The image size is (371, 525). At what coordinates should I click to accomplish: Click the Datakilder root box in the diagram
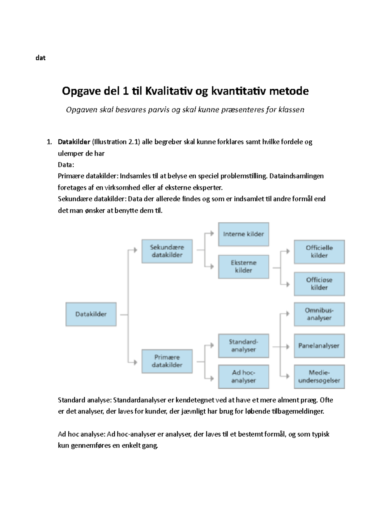pyautogui.click(x=91, y=314)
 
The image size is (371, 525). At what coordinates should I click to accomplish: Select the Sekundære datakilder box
pyautogui.click(x=167, y=251)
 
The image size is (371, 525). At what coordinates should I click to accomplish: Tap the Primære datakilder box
pyautogui.click(x=167, y=361)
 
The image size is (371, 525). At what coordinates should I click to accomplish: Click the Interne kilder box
pyautogui.click(x=243, y=234)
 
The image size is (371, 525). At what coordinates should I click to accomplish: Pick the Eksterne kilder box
pyautogui.click(x=243, y=267)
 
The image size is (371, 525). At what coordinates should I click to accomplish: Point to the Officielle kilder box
pyautogui.click(x=319, y=252)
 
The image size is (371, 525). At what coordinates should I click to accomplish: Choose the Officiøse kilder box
pyautogui.click(x=319, y=284)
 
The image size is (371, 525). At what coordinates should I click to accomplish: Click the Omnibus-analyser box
pyautogui.click(x=319, y=314)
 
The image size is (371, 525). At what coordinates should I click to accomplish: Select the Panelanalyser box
pyautogui.click(x=319, y=346)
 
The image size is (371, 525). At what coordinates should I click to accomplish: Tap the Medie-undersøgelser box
pyautogui.click(x=319, y=377)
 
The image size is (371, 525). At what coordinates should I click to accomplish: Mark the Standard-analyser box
pyautogui.click(x=243, y=346)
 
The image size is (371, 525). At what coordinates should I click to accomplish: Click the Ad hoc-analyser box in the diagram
pyautogui.click(x=243, y=377)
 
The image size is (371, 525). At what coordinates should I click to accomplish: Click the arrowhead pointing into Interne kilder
pyautogui.click(x=212, y=234)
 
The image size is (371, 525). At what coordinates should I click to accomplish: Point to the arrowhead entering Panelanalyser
pyautogui.click(x=288, y=347)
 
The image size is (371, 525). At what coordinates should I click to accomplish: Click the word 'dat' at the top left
pyautogui.click(x=41, y=58)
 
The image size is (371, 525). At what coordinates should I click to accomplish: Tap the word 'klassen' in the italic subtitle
pyautogui.click(x=291, y=110)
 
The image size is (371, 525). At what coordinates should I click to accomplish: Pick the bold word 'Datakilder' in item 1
pyautogui.click(x=74, y=142)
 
